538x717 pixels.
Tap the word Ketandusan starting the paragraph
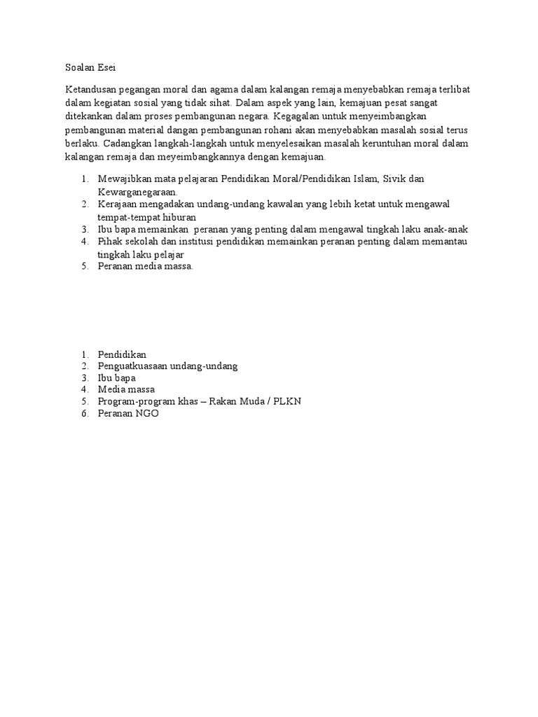91,91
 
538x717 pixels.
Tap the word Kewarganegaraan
137,191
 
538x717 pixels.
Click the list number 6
83,413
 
